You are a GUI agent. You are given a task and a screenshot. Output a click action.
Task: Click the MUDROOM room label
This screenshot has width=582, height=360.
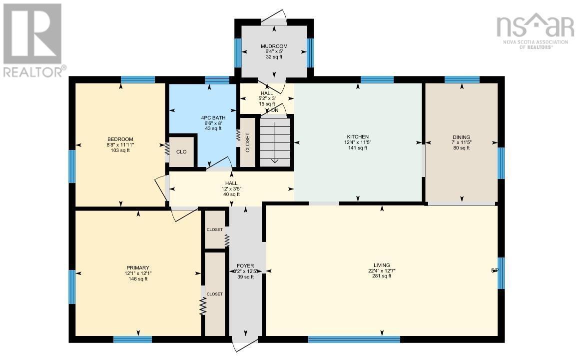coord(274,46)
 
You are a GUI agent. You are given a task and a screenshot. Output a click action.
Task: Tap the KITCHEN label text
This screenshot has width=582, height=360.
coord(358,136)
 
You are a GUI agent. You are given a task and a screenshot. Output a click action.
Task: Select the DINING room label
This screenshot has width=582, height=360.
coord(461,137)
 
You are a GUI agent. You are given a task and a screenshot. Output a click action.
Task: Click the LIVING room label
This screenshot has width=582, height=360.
coord(382,265)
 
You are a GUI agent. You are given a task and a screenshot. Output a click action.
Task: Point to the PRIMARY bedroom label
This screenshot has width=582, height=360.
coord(138,267)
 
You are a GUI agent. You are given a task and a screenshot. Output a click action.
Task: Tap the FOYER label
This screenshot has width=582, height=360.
coord(245,265)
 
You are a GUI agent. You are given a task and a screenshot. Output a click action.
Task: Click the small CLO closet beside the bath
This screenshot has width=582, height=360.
coord(181,151)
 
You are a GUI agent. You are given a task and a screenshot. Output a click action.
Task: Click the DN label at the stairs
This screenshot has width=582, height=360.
coord(275,110)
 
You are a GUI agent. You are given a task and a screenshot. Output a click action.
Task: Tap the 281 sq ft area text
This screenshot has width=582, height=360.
coord(382,276)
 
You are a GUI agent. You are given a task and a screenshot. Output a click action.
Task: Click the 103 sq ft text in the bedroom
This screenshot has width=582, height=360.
coord(120,150)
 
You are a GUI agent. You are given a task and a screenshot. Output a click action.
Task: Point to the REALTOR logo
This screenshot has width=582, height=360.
coord(32,40)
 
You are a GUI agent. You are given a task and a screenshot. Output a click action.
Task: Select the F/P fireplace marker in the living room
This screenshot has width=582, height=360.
coord(495,270)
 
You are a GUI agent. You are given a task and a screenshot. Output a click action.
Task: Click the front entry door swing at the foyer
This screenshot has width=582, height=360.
coord(245,345)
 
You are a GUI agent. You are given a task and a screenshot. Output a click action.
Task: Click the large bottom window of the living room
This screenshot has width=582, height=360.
coord(354,339)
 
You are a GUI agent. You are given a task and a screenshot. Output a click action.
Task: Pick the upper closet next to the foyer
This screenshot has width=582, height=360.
coord(215,229)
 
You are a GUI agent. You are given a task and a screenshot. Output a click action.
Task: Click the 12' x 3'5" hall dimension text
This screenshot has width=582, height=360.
coord(231,189)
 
